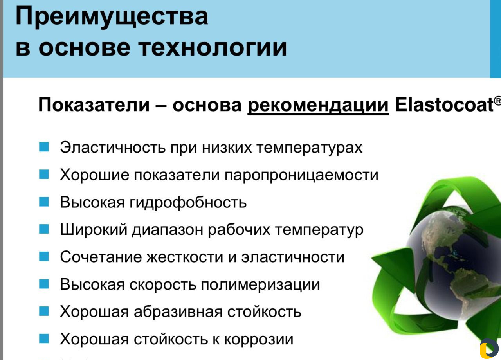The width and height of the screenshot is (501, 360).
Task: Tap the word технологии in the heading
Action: pos(213,47)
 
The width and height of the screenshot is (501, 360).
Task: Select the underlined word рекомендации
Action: pos(318,106)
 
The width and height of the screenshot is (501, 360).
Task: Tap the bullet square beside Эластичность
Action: pos(44,147)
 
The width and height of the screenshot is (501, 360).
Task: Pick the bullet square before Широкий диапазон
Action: pos(44,229)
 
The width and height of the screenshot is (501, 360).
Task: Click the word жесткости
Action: pos(185,257)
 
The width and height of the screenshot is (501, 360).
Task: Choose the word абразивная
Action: pos(178,312)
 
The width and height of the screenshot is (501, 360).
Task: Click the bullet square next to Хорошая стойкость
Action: pos(44,338)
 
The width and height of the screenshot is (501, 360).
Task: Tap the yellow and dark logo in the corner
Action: pos(489,348)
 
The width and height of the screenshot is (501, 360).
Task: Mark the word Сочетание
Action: pos(101,257)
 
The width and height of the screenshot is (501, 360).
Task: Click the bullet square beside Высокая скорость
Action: pos(44,284)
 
